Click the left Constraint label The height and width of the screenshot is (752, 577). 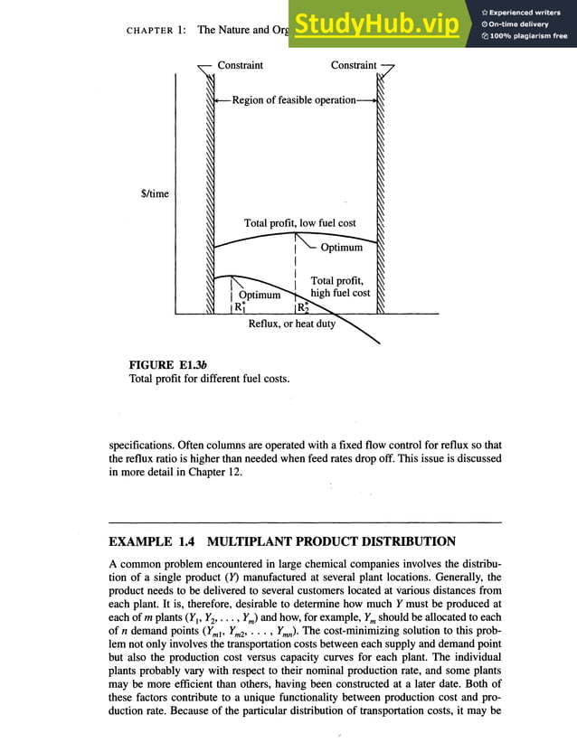(x=241, y=65)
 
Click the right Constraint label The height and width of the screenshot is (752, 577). (x=354, y=65)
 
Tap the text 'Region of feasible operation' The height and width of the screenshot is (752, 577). (x=294, y=100)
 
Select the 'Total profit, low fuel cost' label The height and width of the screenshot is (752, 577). (x=299, y=223)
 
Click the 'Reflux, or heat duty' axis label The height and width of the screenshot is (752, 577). (x=291, y=324)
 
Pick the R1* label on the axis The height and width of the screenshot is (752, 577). (x=241, y=307)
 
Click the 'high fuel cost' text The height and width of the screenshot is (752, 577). (x=340, y=293)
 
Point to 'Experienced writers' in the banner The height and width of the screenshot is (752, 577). (x=527, y=12)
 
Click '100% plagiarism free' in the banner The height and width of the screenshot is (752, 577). (x=530, y=36)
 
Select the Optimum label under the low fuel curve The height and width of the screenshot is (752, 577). (x=342, y=248)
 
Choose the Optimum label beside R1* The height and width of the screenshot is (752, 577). (x=260, y=295)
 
